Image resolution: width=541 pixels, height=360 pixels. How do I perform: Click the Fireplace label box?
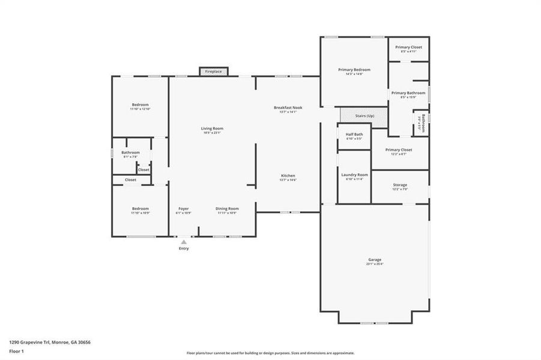pyautogui.click(x=213, y=71)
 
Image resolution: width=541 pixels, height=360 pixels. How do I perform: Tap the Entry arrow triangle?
pyautogui.click(x=184, y=242)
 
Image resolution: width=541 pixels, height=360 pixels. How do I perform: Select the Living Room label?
pyautogui.click(x=212, y=128)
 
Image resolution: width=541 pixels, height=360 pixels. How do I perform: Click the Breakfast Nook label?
pyautogui.click(x=288, y=108)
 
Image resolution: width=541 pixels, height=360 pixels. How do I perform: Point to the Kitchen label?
pyautogui.click(x=288, y=176)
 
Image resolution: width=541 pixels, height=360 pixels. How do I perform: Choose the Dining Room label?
pyautogui.click(x=227, y=209)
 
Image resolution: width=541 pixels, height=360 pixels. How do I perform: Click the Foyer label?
pyautogui.click(x=183, y=209)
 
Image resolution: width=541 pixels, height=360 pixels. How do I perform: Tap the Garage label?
pyautogui.click(x=375, y=260)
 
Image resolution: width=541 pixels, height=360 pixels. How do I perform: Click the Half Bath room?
pyautogui.click(x=354, y=136)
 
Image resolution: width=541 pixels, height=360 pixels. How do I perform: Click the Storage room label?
pyautogui.click(x=400, y=185)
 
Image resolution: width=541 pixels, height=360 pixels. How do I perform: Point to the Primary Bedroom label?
pyautogui.click(x=354, y=70)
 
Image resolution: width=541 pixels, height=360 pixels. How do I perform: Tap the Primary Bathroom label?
pyautogui.click(x=408, y=94)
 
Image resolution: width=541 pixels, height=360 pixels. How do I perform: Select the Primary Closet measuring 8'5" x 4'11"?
pyautogui.click(x=408, y=47)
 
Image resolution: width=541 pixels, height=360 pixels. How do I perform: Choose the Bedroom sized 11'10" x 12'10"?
pyautogui.click(x=140, y=105)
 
